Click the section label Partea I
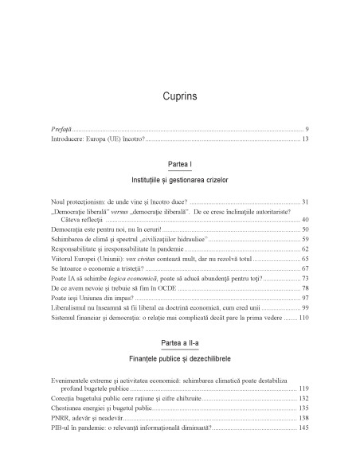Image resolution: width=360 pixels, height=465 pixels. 179,185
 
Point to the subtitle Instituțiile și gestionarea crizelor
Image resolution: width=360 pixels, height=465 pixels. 179,203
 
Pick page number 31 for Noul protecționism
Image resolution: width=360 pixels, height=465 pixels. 305,225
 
